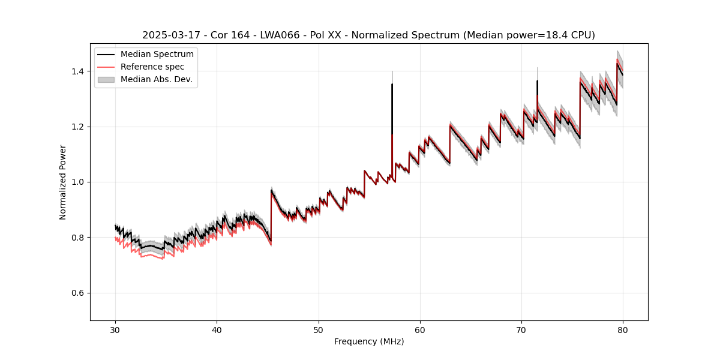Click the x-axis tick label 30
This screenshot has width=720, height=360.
pos(115,329)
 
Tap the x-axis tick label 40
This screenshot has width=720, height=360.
pos(217,329)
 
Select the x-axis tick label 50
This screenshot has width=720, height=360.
pos(319,329)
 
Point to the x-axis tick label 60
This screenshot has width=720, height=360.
pos(420,329)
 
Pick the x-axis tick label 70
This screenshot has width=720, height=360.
pos(521,329)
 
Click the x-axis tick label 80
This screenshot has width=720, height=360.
pos(623,329)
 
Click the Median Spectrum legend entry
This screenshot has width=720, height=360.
pos(157,55)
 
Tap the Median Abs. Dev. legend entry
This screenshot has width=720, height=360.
pos(156,79)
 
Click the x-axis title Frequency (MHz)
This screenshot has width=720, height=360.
pos(369,341)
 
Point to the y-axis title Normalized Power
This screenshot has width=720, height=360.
pos(62,182)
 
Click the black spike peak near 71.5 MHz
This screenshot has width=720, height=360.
pos(537,81)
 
